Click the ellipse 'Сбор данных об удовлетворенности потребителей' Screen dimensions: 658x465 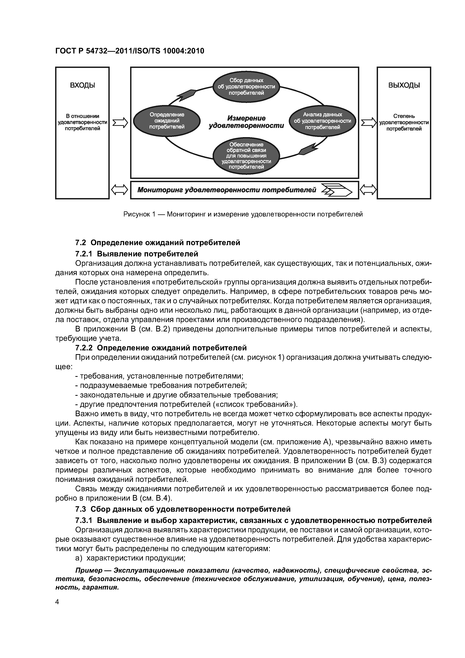[x=246, y=87]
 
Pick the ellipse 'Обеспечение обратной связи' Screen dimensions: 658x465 [x=246, y=156]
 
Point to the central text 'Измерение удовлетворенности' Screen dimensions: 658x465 [x=246, y=122]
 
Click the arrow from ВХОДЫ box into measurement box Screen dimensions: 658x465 [x=120, y=123]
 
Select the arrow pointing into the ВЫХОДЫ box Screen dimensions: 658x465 [x=368, y=123]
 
